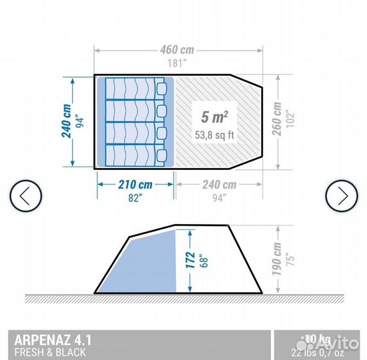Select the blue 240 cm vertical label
(67, 121)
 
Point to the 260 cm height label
(275, 120)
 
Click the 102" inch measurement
(288, 121)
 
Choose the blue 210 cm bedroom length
(135, 185)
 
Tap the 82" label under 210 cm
(135, 197)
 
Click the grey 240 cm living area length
(218, 185)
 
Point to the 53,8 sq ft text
(214, 134)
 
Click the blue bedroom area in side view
(147, 263)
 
